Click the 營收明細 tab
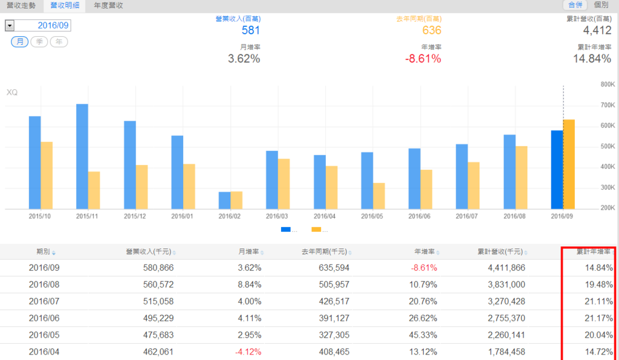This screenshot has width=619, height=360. tap(65, 5)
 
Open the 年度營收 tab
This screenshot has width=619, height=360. tap(109, 5)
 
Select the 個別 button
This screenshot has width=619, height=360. tap(601, 5)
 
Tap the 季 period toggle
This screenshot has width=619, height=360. tap(39, 42)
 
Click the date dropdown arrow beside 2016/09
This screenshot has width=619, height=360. tap(10, 25)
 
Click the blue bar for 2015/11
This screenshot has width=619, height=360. tap(82, 156)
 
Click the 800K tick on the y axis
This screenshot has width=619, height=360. tap(607, 85)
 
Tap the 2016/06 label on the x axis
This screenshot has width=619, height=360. tap(420, 216)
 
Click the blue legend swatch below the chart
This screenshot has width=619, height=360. tap(286, 230)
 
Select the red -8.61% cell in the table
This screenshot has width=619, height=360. tap(424, 268)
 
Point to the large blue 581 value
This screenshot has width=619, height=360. tap(251, 30)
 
